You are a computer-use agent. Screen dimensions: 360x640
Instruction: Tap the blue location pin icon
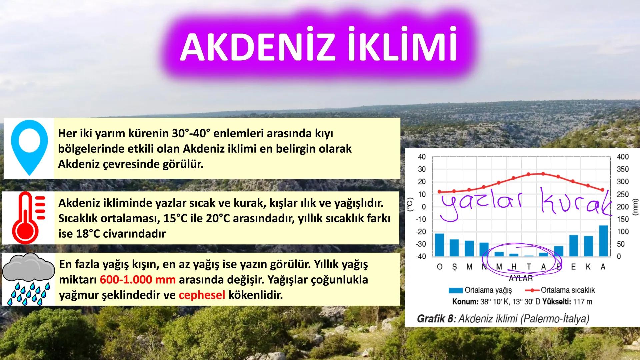tap(29, 147)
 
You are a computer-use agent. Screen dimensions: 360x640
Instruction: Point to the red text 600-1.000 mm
tap(137, 280)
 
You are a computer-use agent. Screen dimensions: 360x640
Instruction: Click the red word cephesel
tap(202, 295)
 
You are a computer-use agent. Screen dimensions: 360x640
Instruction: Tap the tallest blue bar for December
tap(603, 241)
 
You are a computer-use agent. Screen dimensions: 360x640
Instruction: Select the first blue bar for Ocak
tap(439, 245)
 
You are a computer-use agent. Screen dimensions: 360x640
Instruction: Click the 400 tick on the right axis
tap(622, 157)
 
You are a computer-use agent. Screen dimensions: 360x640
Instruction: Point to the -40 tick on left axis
tap(421, 256)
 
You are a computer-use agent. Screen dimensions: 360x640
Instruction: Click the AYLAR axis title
tap(521, 278)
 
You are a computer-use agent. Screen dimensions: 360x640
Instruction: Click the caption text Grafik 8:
tap(436, 319)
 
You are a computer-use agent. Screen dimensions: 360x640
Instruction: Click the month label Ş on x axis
tap(454, 267)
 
